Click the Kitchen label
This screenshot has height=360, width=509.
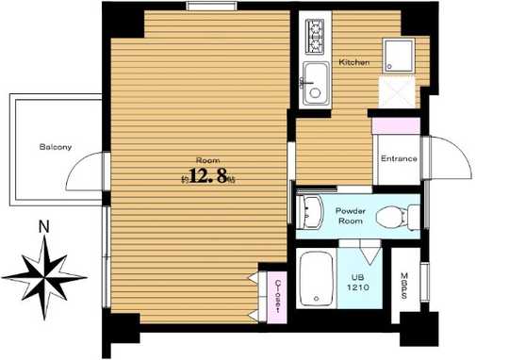[354, 62]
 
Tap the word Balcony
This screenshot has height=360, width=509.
[56, 147]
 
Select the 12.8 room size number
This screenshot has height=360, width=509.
[210, 176]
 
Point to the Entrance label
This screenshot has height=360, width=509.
[399, 158]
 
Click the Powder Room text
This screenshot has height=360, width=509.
[352, 215]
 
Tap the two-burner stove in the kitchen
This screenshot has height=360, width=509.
[314, 37]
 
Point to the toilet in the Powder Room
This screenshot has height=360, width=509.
[398, 216]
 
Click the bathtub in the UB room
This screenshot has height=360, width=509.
[316, 280]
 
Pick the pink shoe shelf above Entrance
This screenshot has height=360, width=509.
[396, 125]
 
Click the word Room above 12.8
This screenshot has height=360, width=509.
[207, 159]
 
